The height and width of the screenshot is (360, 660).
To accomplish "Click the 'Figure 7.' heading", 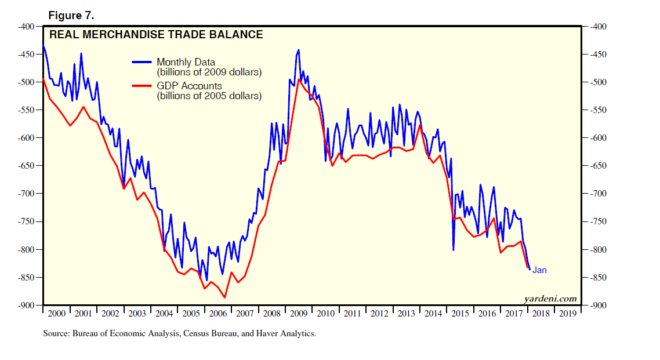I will pyautogui.click(x=71, y=14).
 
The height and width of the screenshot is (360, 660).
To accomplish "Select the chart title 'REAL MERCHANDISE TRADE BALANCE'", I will pyautogui.click(x=156, y=35).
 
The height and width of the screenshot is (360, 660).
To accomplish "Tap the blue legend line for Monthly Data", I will pyautogui.click(x=142, y=62).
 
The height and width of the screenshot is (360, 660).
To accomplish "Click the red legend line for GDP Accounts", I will pyautogui.click(x=142, y=86).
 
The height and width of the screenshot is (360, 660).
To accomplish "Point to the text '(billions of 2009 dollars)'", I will pyautogui.click(x=209, y=72).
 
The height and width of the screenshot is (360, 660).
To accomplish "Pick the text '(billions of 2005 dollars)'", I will pyautogui.click(x=209, y=96).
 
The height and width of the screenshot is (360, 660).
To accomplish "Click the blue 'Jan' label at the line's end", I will pyautogui.click(x=539, y=270).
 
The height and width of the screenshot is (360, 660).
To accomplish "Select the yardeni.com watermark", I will pyautogui.click(x=550, y=299).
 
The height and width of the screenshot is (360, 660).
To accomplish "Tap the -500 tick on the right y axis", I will pyautogui.click(x=597, y=82).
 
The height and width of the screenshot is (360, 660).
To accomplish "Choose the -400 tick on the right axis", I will pyautogui.click(x=597, y=27).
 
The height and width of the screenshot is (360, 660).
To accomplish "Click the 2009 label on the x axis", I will pyautogui.click(x=299, y=314).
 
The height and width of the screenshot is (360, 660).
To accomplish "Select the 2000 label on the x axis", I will pyautogui.click(x=56, y=314).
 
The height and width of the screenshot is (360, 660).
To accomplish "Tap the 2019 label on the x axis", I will pyautogui.click(x=567, y=314).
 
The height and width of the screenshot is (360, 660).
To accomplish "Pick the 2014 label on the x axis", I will pyautogui.click(x=433, y=314).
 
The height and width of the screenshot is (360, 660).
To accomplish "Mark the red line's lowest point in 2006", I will pyautogui.click(x=224, y=297).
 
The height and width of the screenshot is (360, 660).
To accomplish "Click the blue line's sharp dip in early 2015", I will pyautogui.click(x=453, y=250).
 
